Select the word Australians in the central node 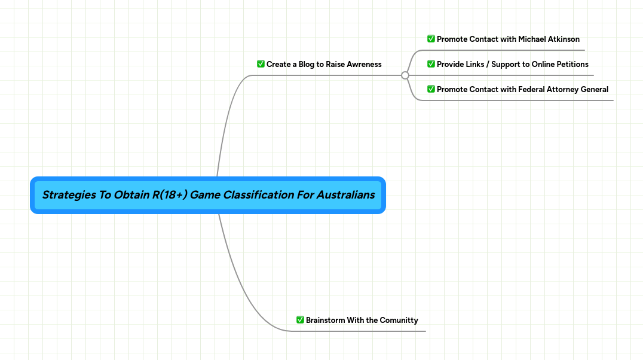click(x=345, y=195)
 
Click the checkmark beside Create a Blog click(x=261, y=64)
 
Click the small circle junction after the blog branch click(x=405, y=75)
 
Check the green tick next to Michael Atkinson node click(x=431, y=39)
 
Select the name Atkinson click(x=564, y=39)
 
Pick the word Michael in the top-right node click(x=532, y=39)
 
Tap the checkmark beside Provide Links click(x=431, y=64)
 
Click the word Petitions click(x=572, y=64)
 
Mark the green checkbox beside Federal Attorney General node click(x=431, y=89)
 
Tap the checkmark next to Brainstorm click(x=300, y=320)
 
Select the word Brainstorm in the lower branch click(x=326, y=320)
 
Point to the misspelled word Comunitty click(x=399, y=320)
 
